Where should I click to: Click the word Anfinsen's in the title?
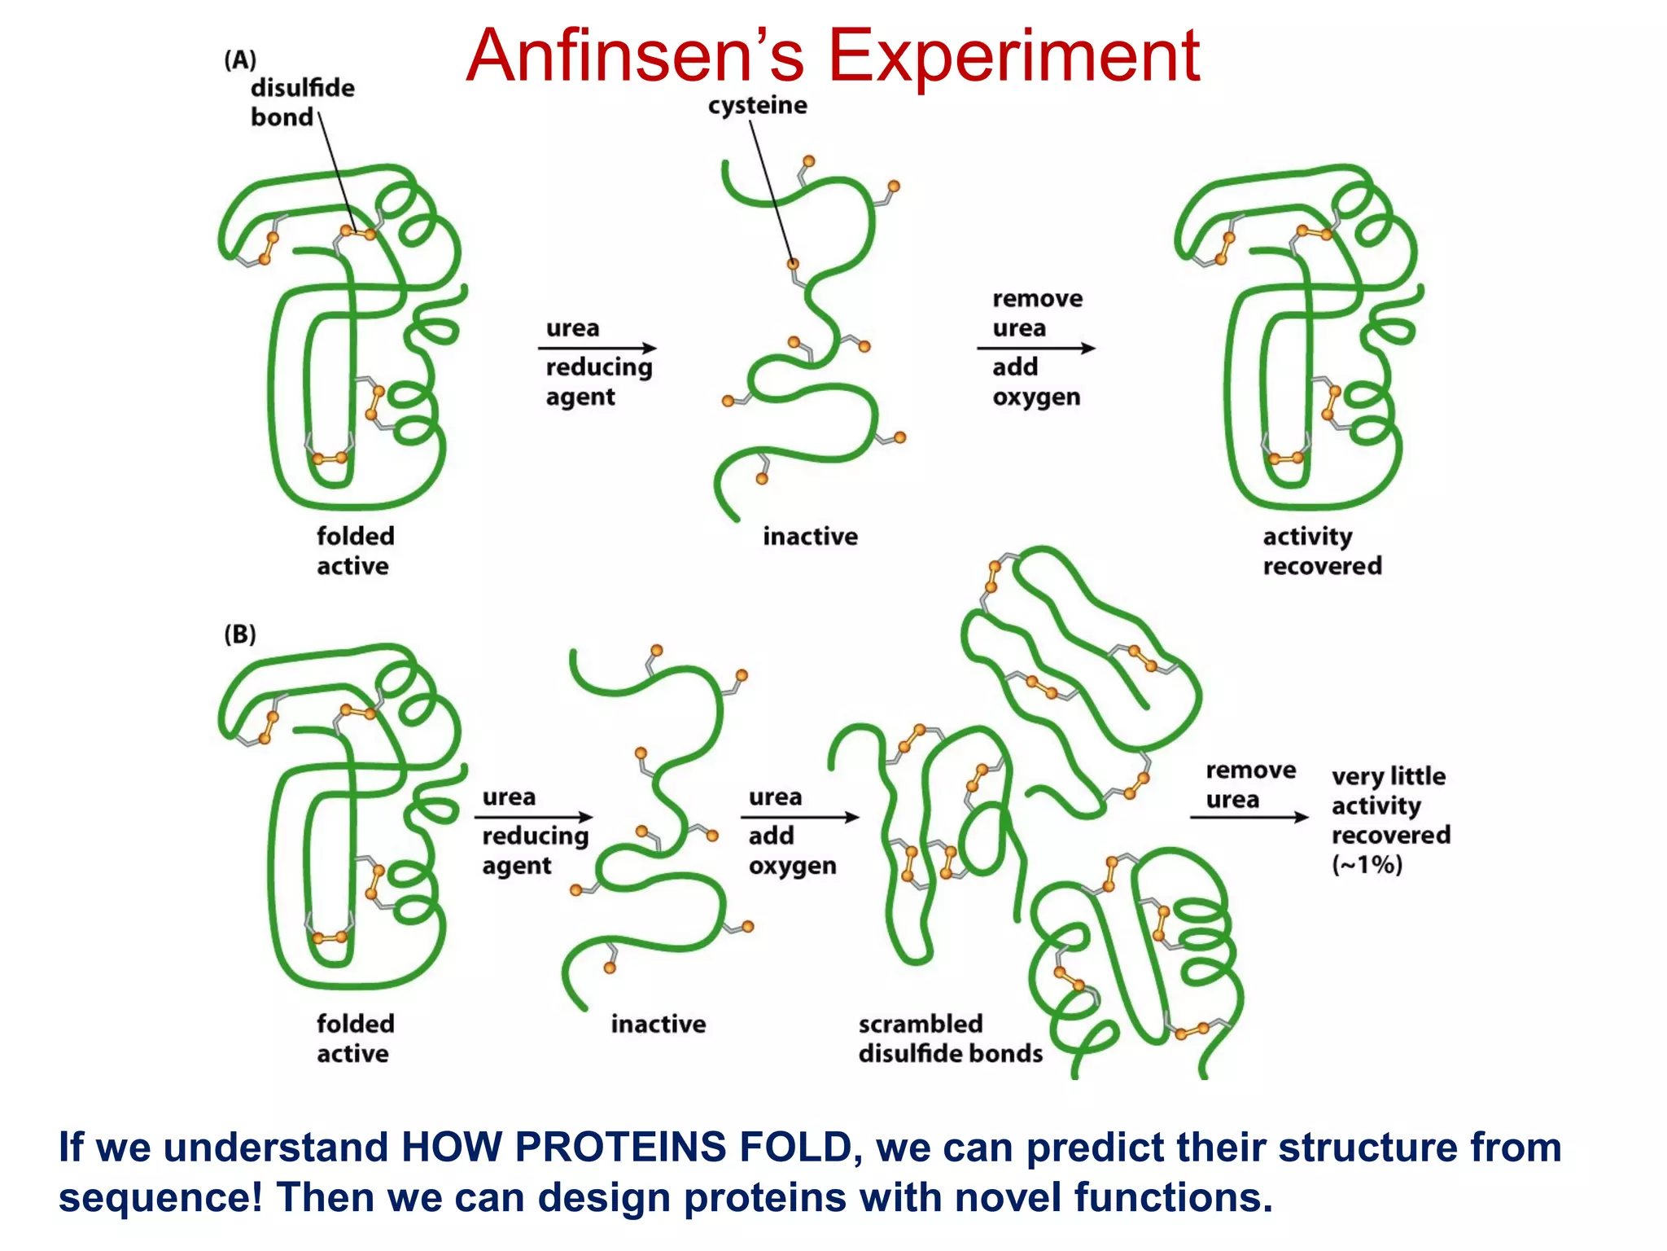tap(635, 55)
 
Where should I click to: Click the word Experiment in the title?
tap(1013, 55)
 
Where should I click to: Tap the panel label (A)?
tap(240, 60)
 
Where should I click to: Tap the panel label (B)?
tap(240, 634)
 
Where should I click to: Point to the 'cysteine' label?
tap(757, 105)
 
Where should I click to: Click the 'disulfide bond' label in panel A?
tap(301, 102)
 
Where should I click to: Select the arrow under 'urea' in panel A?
tap(597, 348)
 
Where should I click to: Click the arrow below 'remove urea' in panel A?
tap(1036, 348)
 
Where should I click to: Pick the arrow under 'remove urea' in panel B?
tap(1249, 817)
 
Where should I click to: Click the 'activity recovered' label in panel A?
tap(1322, 551)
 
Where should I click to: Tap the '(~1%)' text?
tap(1367, 864)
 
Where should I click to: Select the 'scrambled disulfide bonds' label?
tap(950, 1038)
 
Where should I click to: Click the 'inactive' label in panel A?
tap(810, 537)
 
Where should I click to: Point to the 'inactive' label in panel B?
tap(658, 1024)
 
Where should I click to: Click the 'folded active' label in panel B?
tap(355, 1038)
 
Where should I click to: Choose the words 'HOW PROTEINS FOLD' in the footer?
tap(627, 1148)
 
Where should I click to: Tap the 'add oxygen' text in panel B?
tap(791, 850)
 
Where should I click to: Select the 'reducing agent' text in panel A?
tap(598, 381)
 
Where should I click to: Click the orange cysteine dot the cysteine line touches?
tap(792, 263)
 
